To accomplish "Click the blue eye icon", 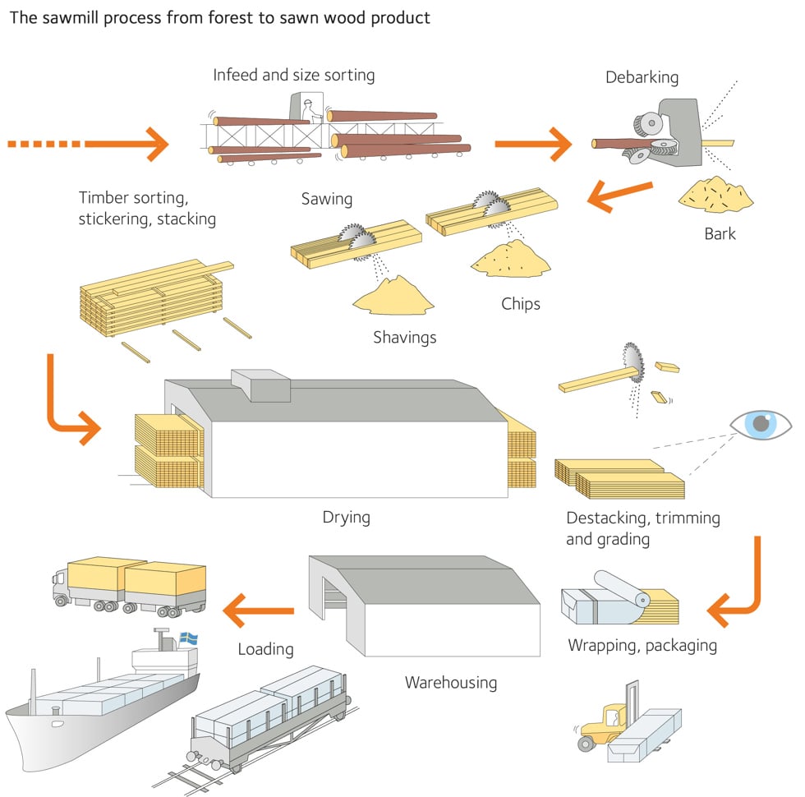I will pos(761,424).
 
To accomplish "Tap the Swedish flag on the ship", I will pos(188,638).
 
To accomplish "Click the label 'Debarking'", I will pos(642,77).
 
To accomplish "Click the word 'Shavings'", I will pos(404,337).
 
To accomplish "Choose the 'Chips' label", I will pos(521,304).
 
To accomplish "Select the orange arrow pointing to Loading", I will pos(258,610).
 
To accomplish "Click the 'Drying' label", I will pos(346,518).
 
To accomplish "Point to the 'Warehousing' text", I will pos(450,682).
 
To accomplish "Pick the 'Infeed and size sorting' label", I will pos(293,75).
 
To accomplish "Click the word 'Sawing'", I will pos(326,198).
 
